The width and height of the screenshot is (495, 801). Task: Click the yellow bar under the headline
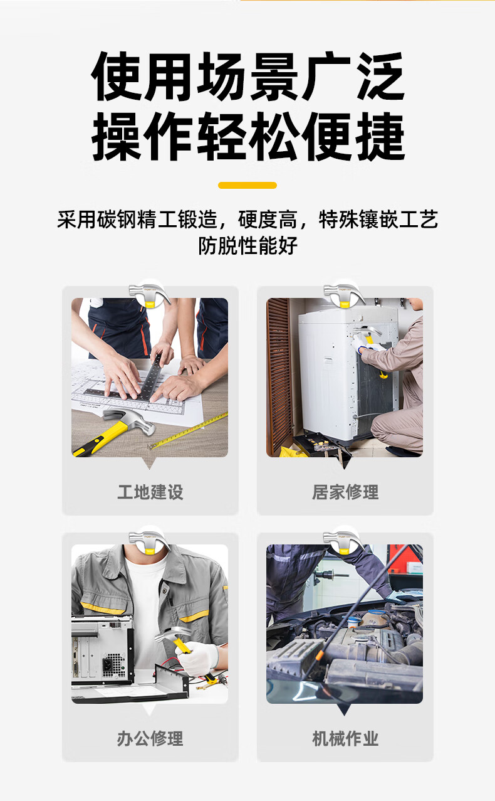click(x=247, y=185)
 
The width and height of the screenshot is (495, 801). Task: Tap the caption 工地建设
click(x=150, y=492)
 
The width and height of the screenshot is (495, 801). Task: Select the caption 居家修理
click(x=345, y=492)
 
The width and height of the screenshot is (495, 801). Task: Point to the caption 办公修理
click(x=150, y=738)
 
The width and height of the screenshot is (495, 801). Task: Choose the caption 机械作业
click(x=345, y=738)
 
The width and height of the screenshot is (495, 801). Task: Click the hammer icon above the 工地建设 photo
click(x=150, y=295)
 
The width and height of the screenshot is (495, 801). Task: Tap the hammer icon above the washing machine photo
click(x=344, y=295)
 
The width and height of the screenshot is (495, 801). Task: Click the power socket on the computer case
click(x=107, y=664)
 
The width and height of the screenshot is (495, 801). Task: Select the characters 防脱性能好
click(x=247, y=246)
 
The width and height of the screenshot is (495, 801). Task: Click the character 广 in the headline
click(x=326, y=76)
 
